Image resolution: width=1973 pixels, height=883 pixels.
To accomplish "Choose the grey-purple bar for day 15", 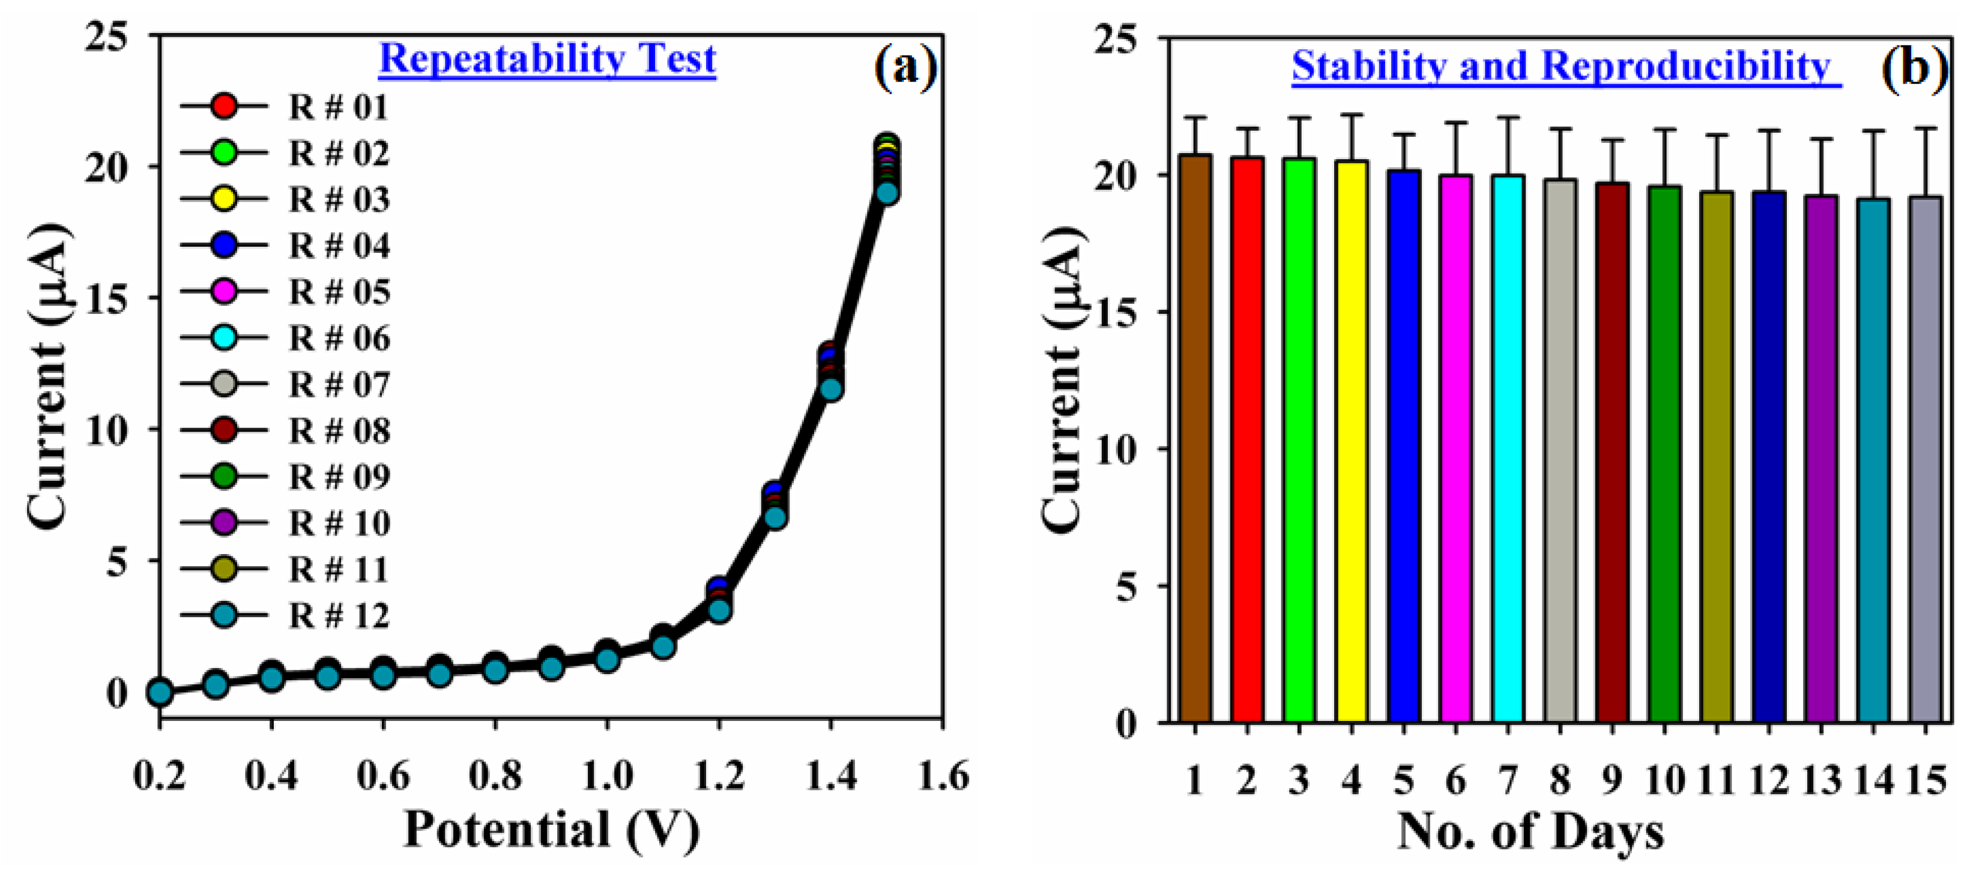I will tap(1925, 459).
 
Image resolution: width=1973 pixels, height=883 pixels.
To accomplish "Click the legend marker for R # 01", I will tap(223, 106).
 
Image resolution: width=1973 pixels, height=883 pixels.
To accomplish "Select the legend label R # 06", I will tap(339, 338).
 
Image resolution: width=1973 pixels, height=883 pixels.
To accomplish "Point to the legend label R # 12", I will tap(339, 616).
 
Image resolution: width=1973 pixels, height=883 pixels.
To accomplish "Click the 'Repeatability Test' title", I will tap(547, 58).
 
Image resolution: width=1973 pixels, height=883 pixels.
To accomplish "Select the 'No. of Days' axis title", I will tap(1530, 831).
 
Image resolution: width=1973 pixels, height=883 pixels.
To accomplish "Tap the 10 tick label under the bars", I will tap(1664, 781).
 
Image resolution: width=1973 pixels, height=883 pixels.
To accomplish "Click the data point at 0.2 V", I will tap(159, 692).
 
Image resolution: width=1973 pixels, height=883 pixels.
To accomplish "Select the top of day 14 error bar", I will tap(1873, 131).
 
